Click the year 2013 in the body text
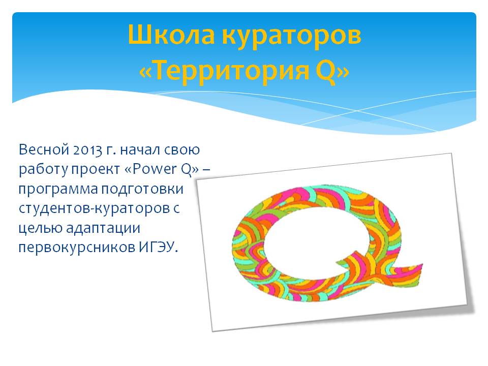(88, 150)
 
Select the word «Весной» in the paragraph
(44, 149)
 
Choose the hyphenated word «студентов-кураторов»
(99, 209)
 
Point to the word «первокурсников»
(77, 248)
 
